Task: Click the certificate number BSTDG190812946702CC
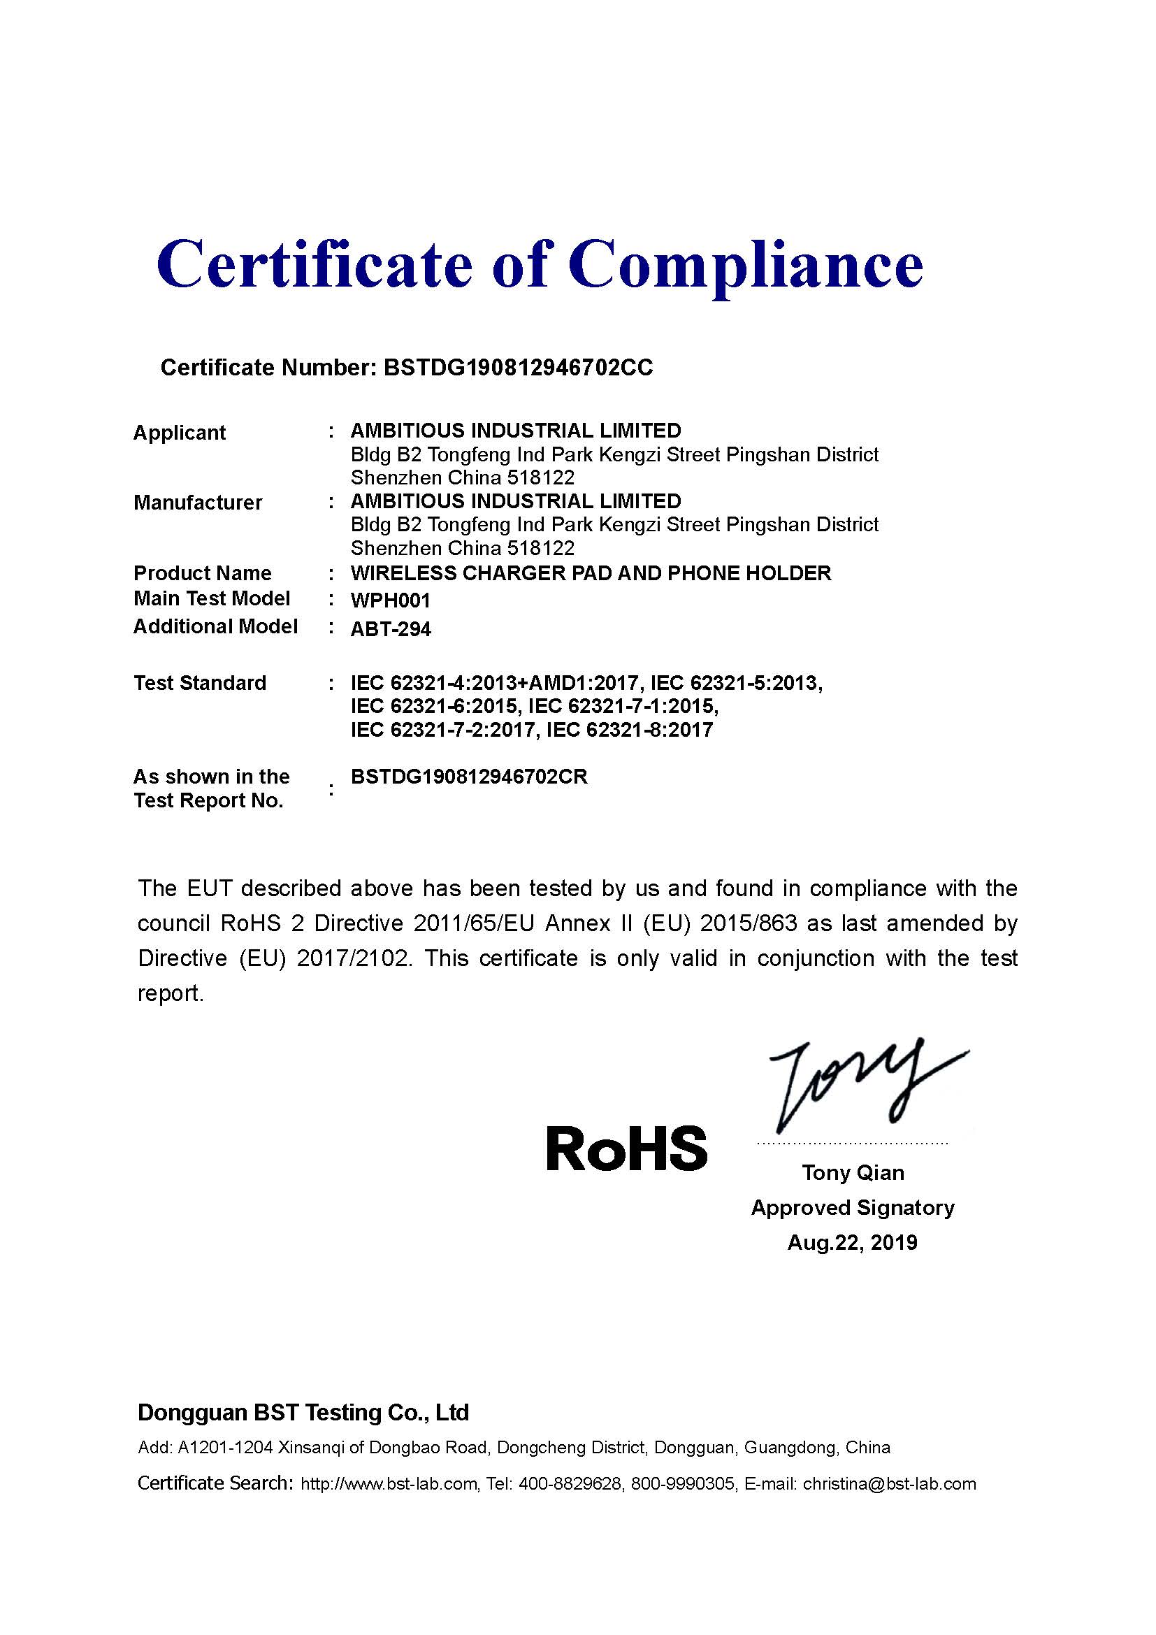(x=517, y=368)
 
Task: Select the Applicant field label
(x=180, y=433)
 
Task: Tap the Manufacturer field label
(x=198, y=503)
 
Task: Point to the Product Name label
(x=202, y=573)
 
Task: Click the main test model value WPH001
(x=391, y=600)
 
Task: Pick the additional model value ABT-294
(x=391, y=630)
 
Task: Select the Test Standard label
(x=200, y=683)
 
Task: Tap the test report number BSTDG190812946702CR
(x=469, y=777)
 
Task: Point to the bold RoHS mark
(x=626, y=1149)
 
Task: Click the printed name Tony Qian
(x=853, y=1173)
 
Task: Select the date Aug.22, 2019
(x=852, y=1243)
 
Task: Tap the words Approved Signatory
(x=853, y=1208)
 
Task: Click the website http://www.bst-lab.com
(x=389, y=1484)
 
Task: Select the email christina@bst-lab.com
(x=889, y=1484)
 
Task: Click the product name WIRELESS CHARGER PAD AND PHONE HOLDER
(x=591, y=573)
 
